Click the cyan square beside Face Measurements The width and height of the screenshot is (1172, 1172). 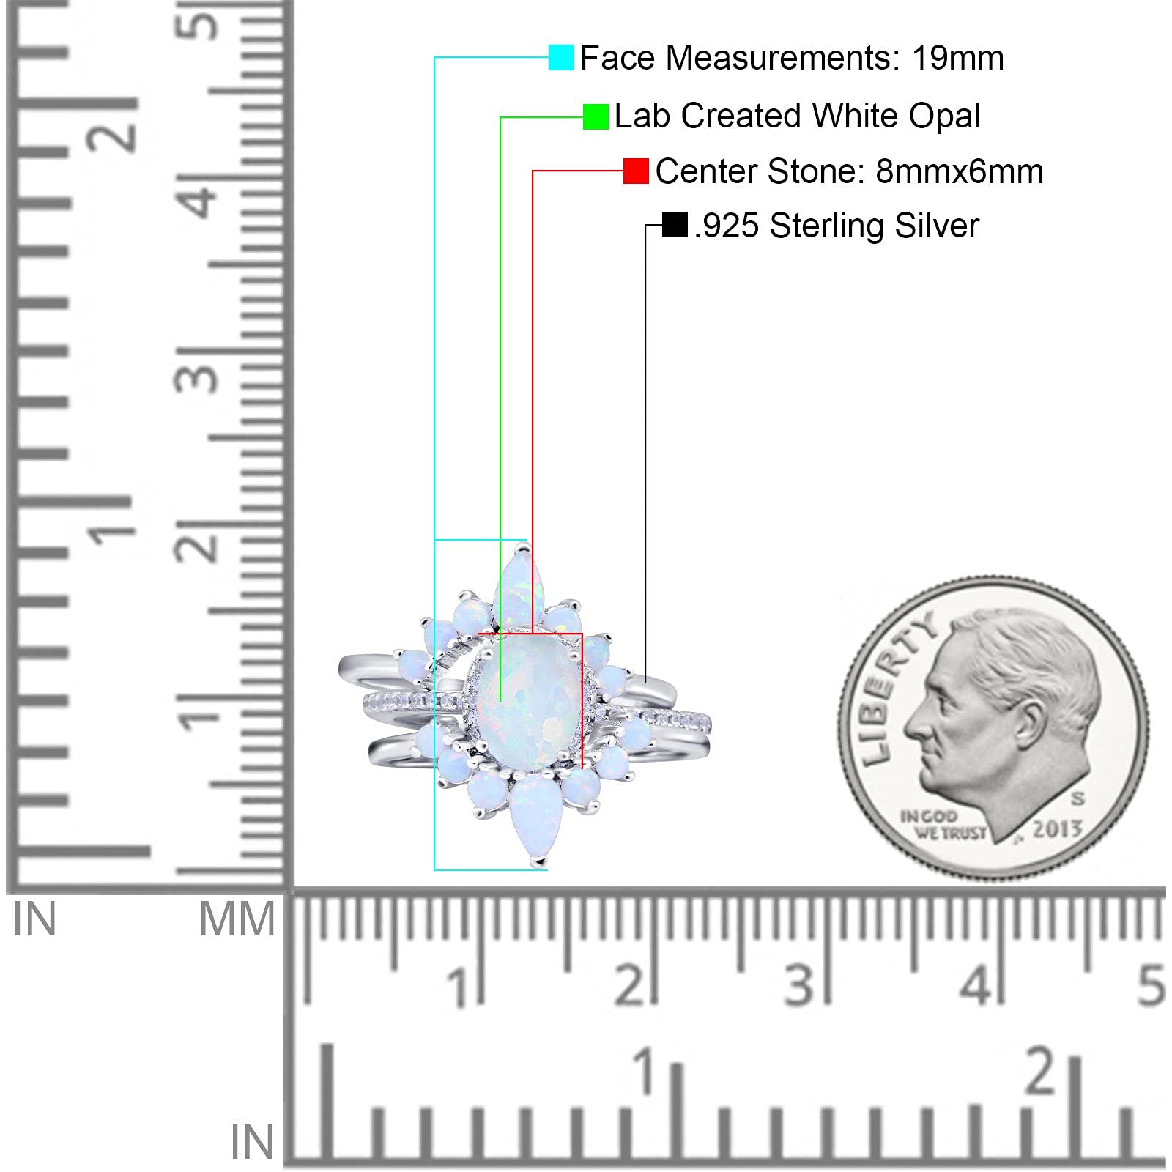click(x=561, y=57)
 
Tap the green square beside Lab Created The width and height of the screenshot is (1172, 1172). click(x=596, y=116)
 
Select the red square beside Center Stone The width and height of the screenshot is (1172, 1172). click(x=636, y=171)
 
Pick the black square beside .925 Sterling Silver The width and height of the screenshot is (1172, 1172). click(x=674, y=225)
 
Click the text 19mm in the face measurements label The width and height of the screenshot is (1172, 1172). click(x=957, y=58)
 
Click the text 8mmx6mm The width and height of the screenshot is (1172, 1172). click(x=959, y=171)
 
